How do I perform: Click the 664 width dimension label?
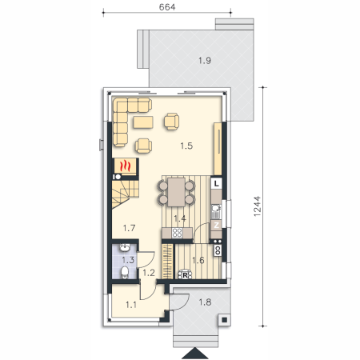tap(167, 7)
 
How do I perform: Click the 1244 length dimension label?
tap(257, 206)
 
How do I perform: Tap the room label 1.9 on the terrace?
tap(205, 61)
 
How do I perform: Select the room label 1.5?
tap(186, 146)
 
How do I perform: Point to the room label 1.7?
tap(129, 228)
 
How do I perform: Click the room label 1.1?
tap(131, 305)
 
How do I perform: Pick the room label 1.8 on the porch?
tap(205, 302)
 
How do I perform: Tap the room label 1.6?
tap(198, 260)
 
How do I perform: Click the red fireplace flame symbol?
tap(125, 166)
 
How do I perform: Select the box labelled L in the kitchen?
tap(217, 183)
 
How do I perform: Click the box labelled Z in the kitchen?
tap(216, 225)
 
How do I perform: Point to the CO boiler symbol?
tap(218, 250)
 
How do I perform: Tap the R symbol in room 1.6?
tap(185, 274)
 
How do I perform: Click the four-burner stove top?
tap(177, 233)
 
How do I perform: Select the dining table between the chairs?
tap(176, 192)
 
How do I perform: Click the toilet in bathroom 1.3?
tap(124, 272)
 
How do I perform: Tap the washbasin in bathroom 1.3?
tap(125, 247)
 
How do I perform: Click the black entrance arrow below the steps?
tap(195, 354)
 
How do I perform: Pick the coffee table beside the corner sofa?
tap(143, 122)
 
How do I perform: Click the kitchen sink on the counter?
tap(216, 210)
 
